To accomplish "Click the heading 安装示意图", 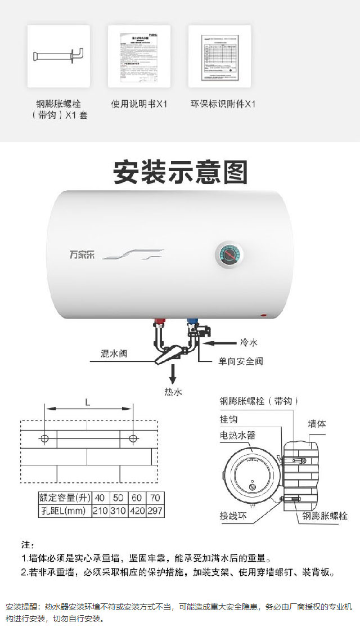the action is [x=180, y=172].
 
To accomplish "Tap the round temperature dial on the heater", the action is [x=229, y=257].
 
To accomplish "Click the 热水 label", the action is [x=173, y=392].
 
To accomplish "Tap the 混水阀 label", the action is [x=114, y=354].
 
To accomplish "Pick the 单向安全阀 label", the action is [x=237, y=361].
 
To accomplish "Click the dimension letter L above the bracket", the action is [x=87, y=402].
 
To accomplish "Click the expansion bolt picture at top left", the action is [x=58, y=56].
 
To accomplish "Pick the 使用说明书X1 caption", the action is [x=139, y=104].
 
